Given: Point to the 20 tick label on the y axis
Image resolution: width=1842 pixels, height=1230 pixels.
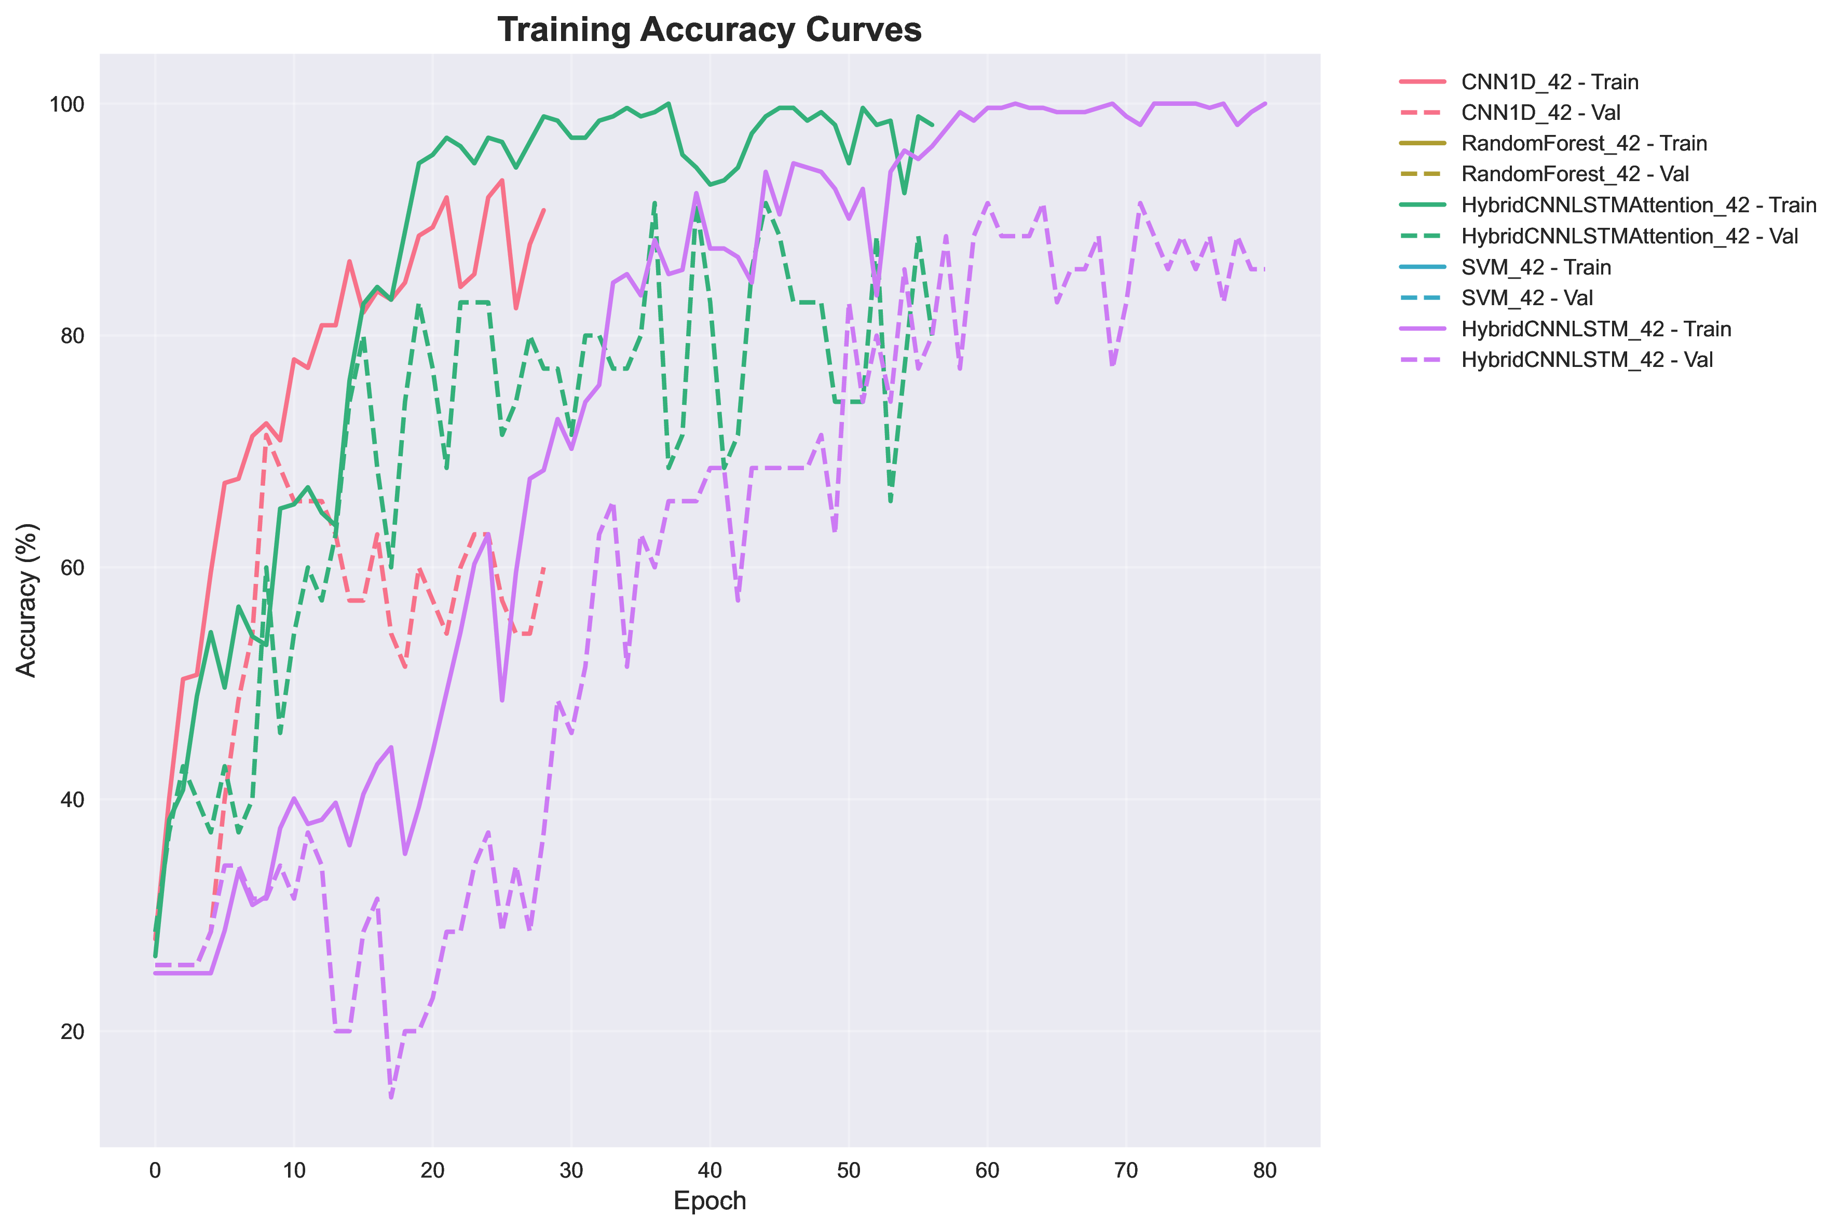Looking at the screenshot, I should point(72,1032).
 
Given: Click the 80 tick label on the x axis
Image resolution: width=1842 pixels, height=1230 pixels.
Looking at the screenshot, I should point(1265,1171).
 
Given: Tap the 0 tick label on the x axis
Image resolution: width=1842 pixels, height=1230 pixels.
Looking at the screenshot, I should point(155,1171).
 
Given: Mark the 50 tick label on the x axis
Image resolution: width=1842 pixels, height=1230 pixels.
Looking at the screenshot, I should point(849,1171).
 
